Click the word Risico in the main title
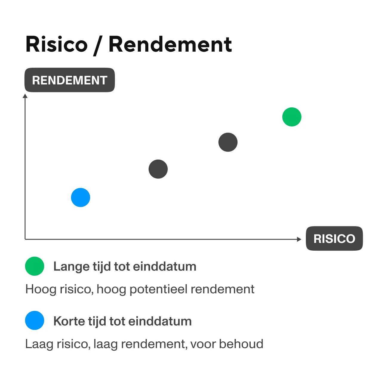coord(56,44)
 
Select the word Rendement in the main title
coord(170,44)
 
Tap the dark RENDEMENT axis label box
coord(70,80)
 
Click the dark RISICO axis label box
coord(334,238)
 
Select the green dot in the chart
coord(292,117)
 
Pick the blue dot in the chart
coord(81,198)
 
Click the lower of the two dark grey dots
coord(158,169)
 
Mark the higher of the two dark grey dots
coord(228,142)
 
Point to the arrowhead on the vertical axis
coord(25,96)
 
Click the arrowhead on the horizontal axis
coord(299,239)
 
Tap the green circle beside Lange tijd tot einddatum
coord(35,266)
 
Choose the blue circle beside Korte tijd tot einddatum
coord(35,320)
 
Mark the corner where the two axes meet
coord(25,239)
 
